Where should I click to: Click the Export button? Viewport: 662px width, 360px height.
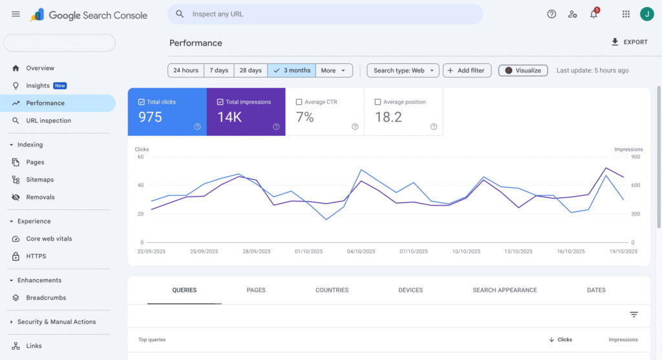tap(629, 42)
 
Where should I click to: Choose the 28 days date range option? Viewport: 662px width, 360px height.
tap(250, 70)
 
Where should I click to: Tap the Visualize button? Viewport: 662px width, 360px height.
tap(523, 70)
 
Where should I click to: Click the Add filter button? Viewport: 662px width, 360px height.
tap(467, 70)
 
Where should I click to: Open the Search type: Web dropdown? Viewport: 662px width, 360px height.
tap(403, 70)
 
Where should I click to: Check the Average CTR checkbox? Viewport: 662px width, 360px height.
tap(299, 102)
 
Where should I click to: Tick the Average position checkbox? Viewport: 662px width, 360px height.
tap(378, 102)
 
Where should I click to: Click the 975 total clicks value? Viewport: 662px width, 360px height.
tap(150, 117)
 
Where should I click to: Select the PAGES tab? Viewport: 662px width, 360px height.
tap(256, 290)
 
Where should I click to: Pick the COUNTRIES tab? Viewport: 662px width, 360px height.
tap(332, 290)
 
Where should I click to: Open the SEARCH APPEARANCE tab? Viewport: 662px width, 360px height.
tap(505, 290)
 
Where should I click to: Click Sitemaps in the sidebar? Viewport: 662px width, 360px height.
tap(39, 180)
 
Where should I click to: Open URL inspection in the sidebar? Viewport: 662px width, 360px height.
tap(48, 120)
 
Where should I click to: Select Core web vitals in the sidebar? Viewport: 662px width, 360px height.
tap(48, 238)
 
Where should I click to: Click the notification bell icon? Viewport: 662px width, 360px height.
tap(593, 14)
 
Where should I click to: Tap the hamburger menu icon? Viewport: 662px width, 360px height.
tap(16, 14)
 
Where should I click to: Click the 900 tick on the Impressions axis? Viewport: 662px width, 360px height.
tap(635, 156)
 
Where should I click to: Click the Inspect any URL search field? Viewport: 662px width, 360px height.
tap(325, 14)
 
